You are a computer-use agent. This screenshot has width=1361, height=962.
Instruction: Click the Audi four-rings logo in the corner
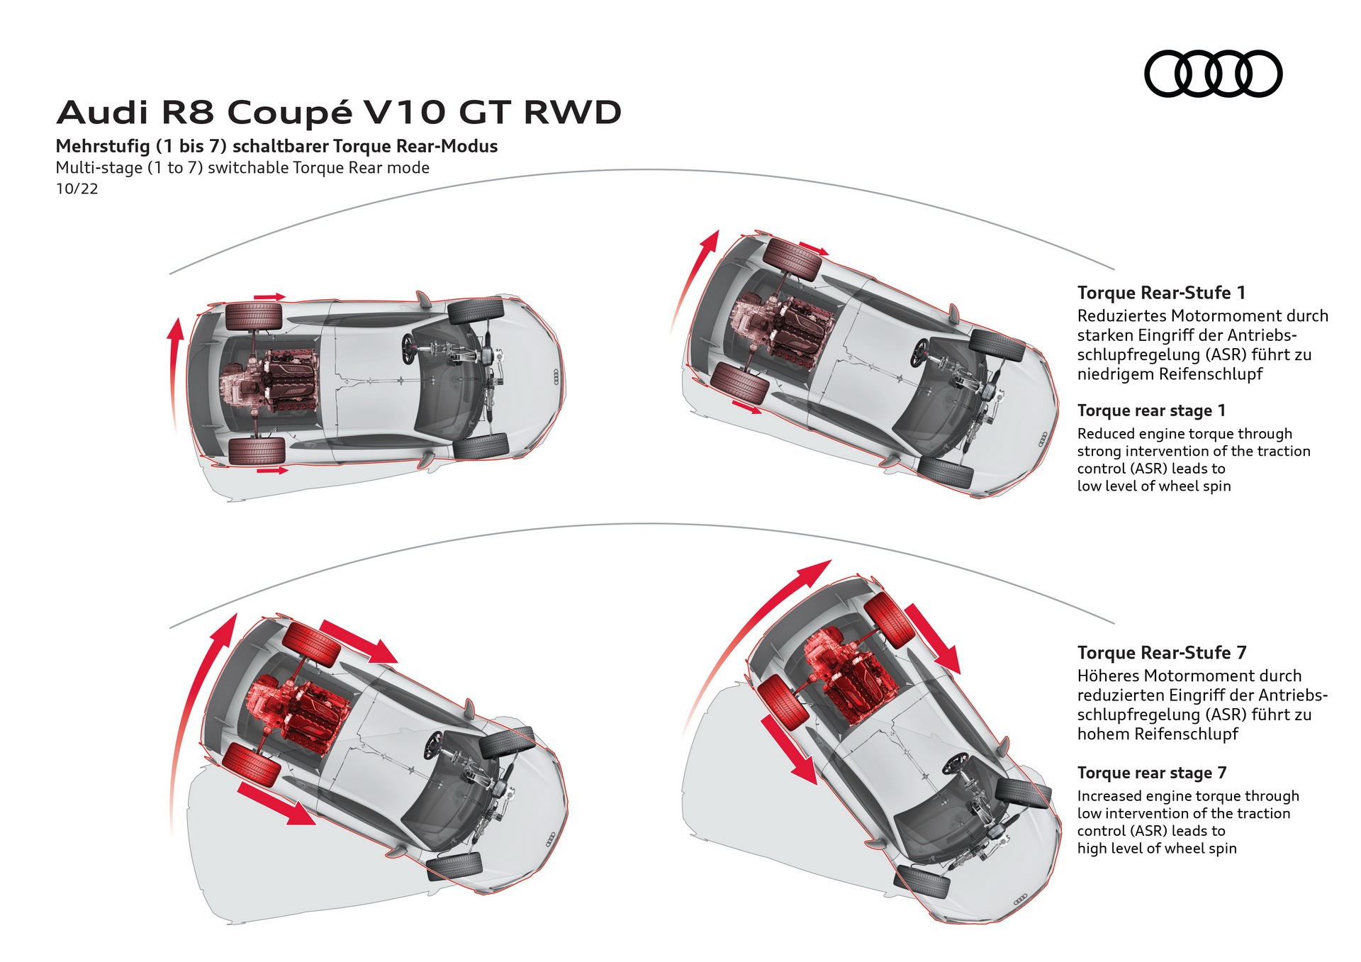point(1213,73)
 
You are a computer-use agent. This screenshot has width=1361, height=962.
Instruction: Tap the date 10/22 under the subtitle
point(77,189)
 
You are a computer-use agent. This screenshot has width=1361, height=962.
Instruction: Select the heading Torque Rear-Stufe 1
point(1161,293)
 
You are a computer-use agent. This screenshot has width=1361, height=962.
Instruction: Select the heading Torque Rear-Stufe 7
point(1161,652)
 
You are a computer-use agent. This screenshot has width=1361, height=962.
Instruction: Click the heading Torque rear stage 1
point(1150,410)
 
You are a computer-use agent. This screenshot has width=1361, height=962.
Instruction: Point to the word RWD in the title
point(572,113)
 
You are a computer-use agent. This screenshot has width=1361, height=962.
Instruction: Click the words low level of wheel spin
point(1153,486)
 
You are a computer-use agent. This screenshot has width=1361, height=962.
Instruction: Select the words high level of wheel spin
point(1156,849)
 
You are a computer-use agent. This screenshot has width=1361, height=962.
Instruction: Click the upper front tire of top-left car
point(476,311)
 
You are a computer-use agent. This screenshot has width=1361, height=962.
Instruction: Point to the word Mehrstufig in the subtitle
point(103,147)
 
